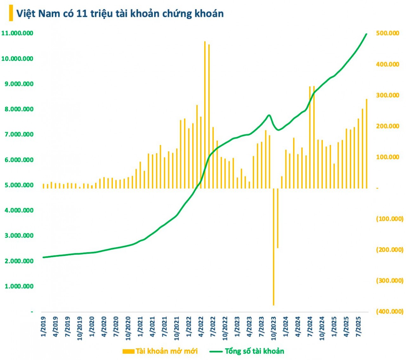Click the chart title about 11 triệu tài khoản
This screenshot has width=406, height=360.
coord(120,14)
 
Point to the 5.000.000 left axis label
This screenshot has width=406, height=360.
coord(19,185)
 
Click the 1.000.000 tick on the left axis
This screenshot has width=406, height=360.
coord(19,286)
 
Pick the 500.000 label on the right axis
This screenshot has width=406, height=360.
coord(387,33)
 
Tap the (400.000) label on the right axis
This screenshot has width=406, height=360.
coord(390,311)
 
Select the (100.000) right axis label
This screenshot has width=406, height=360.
coord(390,219)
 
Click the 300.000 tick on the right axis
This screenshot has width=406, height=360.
coord(387,95)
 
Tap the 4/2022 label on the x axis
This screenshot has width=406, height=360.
coord(201,327)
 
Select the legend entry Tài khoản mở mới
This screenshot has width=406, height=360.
coord(160,351)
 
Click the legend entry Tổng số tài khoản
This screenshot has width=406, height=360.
coord(247,351)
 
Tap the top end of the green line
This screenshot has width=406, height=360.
coord(366,34)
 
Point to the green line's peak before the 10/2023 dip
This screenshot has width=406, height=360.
coord(269,115)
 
